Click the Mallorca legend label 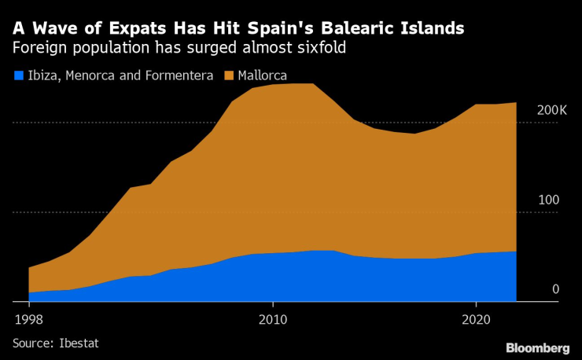click(262, 75)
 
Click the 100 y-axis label click(547, 200)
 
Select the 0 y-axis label click(555, 289)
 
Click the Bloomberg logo click(538, 347)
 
